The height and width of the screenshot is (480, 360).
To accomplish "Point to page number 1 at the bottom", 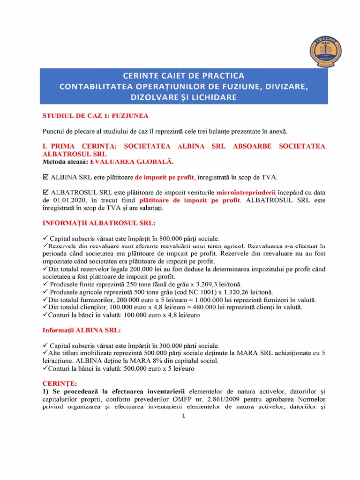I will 183,417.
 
